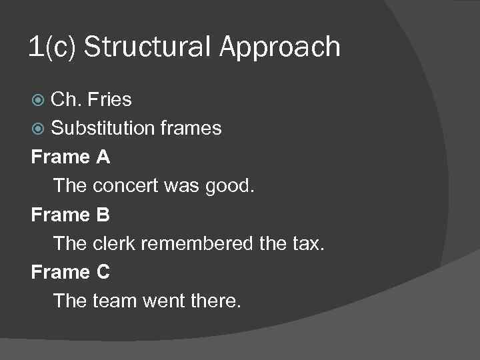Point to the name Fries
point(109,100)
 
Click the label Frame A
point(71,157)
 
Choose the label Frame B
point(71,215)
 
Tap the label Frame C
point(71,272)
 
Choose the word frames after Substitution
point(191,128)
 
